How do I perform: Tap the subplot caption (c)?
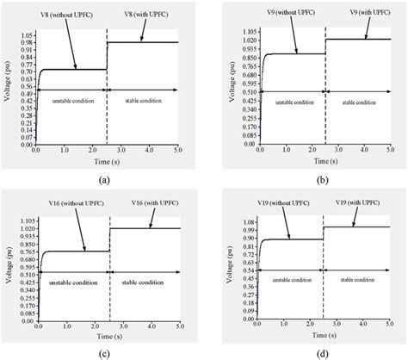pos(103,354)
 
